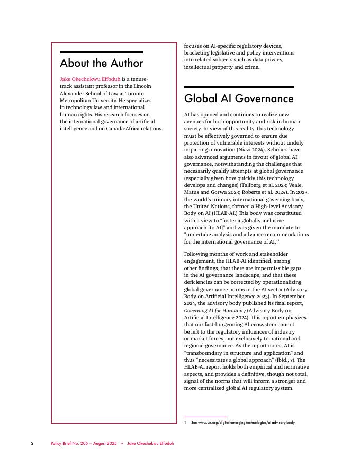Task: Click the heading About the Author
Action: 102,63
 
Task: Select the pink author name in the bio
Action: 90,79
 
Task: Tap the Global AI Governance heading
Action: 239,98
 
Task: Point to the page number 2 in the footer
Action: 32,443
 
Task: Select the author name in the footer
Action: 150,443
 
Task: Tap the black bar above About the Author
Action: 102,52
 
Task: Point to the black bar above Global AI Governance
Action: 239,87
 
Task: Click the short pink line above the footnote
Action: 205,417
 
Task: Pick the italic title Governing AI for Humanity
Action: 215,310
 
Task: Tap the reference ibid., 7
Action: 278,360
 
